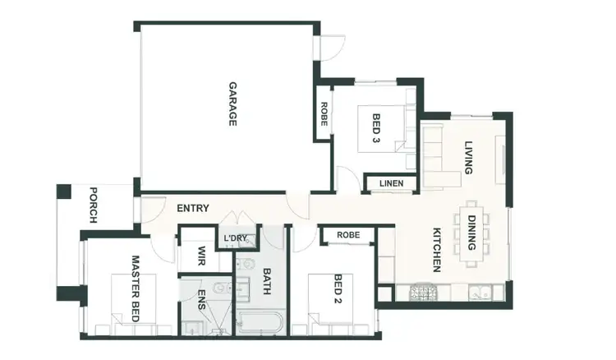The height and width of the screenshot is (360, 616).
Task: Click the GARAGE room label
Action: pyautogui.click(x=232, y=104)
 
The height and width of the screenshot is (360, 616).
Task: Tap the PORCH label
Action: pyautogui.click(x=94, y=205)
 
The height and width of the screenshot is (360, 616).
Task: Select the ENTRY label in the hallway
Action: pyautogui.click(x=193, y=209)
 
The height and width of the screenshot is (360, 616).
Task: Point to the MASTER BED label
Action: pyautogui.click(x=136, y=286)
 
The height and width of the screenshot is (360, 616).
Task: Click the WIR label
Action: pyautogui.click(x=198, y=257)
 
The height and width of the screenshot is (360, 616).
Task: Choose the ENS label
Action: pyautogui.click(x=200, y=298)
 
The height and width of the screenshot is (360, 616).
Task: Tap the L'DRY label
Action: pyautogui.click(x=236, y=239)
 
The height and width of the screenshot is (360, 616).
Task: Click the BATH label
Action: pyautogui.click(x=266, y=282)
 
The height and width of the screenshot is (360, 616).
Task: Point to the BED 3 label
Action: pyautogui.click(x=376, y=128)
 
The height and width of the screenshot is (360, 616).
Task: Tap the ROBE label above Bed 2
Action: pyautogui.click(x=347, y=236)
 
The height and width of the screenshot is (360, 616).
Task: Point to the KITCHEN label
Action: pyautogui.click(x=437, y=249)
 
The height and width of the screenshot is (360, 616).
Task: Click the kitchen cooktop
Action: pyautogui.click(x=423, y=290)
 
